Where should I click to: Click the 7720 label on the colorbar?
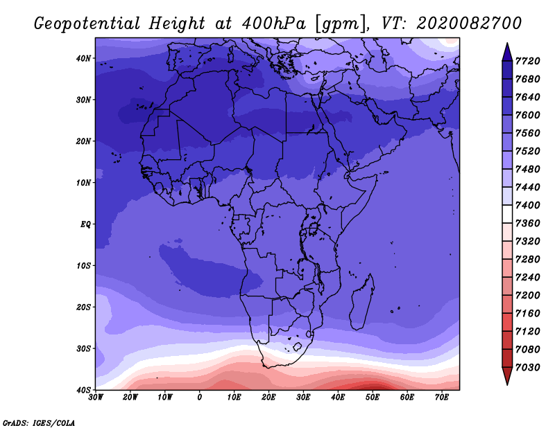coord(527,61)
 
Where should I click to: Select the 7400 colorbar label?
coord(527,205)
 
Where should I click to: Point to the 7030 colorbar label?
coord(527,367)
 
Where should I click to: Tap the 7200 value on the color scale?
coord(527,295)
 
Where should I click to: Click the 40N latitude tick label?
coord(83,58)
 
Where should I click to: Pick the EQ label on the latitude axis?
coord(85,224)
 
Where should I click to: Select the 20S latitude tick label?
coord(83,307)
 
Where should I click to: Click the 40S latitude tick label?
coord(83,390)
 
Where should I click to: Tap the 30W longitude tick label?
coord(96,398)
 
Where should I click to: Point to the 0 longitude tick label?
coord(200,398)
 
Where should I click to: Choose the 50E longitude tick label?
coord(373,398)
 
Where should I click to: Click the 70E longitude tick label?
coord(442,398)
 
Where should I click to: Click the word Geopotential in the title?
coord(87,24)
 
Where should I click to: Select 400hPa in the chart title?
coord(273,24)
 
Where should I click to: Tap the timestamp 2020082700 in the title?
coord(469,24)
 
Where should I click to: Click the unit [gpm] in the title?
coord(341,24)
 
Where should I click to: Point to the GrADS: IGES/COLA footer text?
coord(39,423)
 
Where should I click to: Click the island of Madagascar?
coord(362,302)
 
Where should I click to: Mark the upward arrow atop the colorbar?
coord(507,52)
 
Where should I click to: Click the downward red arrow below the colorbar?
coord(507,376)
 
